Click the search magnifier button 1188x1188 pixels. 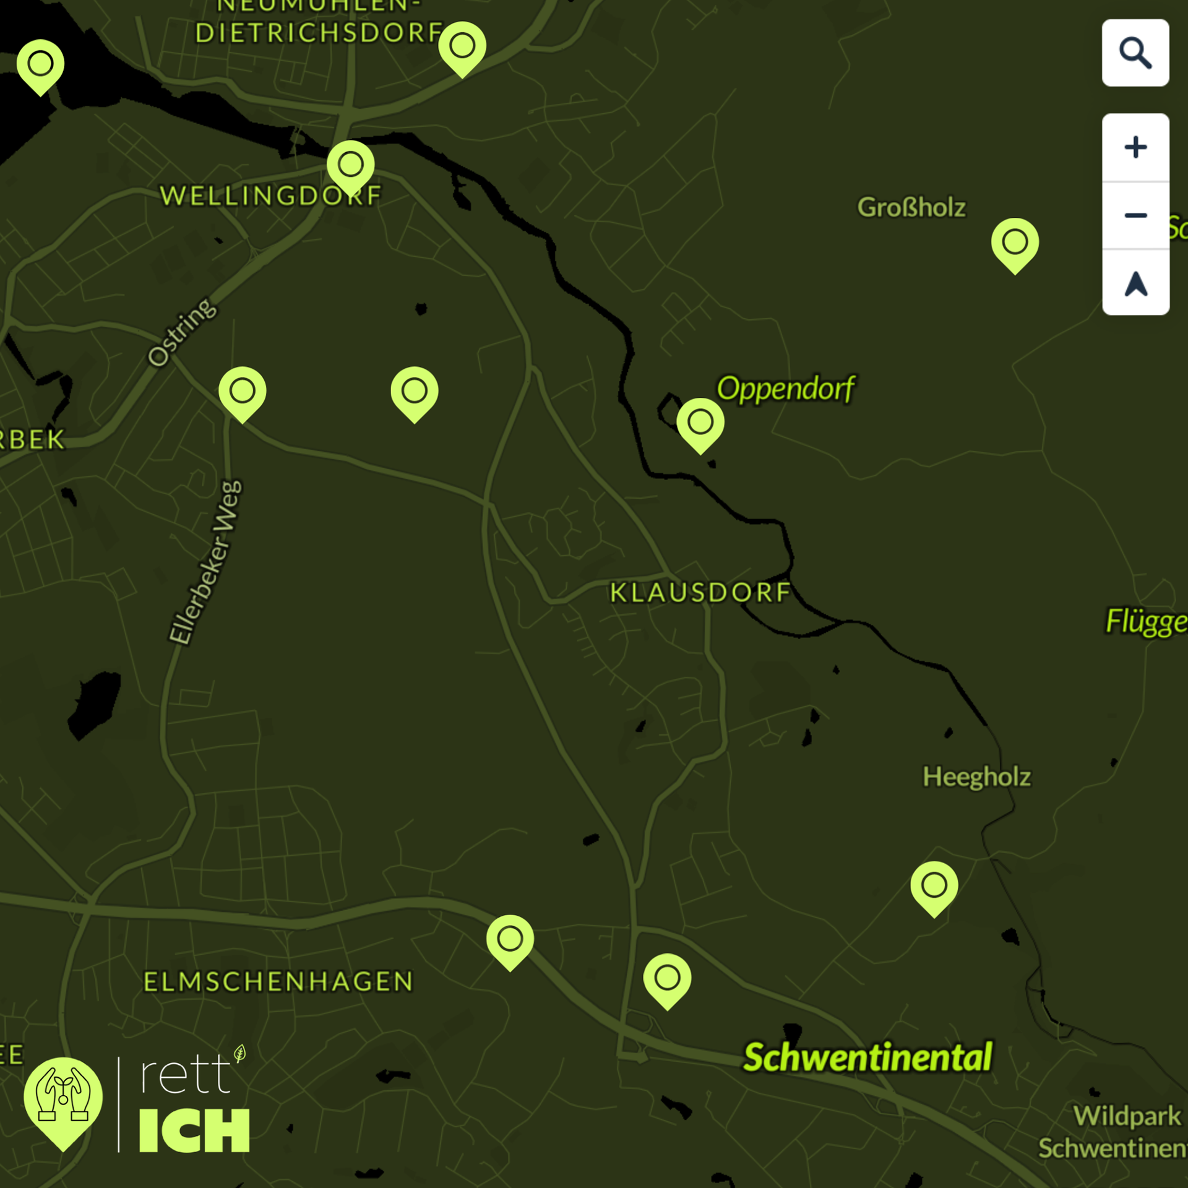click(x=1135, y=53)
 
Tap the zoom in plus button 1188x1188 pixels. click(x=1135, y=147)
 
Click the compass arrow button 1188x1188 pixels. click(x=1135, y=284)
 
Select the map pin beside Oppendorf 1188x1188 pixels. click(x=700, y=423)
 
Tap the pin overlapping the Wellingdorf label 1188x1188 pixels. click(x=351, y=165)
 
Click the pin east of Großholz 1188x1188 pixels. click(x=1015, y=243)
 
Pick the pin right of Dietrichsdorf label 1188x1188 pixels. click(x=462, y=46)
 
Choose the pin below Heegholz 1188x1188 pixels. click(x=934, y=886)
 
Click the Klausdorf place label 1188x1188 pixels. click(x=700, y=593)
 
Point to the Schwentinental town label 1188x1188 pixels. click(x=867, y=1057)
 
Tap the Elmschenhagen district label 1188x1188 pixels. click(x=278, y=982)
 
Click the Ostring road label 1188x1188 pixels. click(x=183, y=332)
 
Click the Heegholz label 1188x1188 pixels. click(x=976, y=777)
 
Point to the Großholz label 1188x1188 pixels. click(x=911, y=207)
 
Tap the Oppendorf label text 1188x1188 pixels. click(x=785, y=389)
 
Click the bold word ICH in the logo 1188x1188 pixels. click(x=194, y=1131)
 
